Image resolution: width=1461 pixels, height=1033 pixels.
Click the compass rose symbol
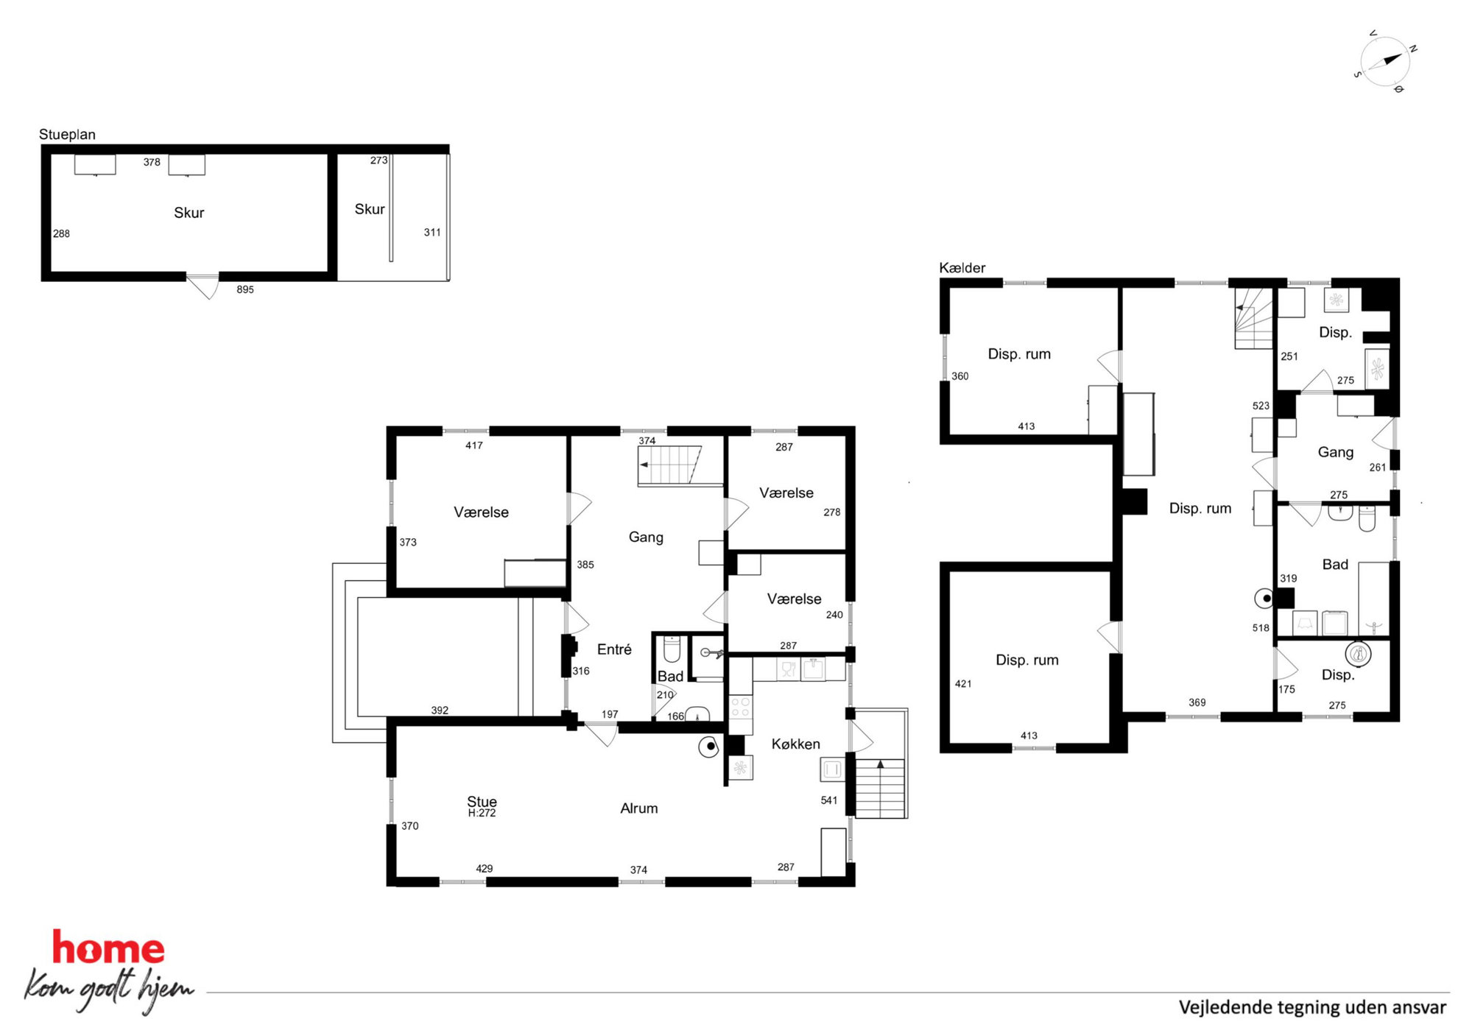[x=1384, y=62]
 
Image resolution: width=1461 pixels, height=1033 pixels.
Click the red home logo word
[x=108, y=948]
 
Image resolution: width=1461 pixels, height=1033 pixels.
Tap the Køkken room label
[x=795, y=744]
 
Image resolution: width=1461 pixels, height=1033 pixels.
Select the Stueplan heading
[x=67, y=135]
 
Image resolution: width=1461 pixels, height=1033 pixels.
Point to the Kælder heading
[x=962, y=268]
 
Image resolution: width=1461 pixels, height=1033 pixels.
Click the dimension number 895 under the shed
[x=245, y=290]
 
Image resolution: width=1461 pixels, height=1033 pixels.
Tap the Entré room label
[x=614, y=649]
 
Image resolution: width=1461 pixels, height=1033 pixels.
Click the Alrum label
[x=638, y=808]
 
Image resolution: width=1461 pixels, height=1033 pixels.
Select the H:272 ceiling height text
[x=482, y=814]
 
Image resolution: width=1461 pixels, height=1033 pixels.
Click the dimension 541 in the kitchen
[x=829, y=800]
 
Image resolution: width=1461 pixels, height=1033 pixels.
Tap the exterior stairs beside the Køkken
[x=879, y=789]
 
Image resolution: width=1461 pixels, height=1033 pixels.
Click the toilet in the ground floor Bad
[x=671, y=650]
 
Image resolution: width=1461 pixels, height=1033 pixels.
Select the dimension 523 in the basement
[x=1261, y=406]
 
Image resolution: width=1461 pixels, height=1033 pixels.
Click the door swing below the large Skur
[x=204, y=286]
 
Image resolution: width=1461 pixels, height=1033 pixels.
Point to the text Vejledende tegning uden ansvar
[x=1312, y=1007]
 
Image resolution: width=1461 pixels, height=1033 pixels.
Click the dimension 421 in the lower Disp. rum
[x=963, y=684]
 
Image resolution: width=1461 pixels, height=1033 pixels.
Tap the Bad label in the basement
[x=1335, y=565]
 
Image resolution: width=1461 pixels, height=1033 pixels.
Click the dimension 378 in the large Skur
[x=152, y=163]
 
